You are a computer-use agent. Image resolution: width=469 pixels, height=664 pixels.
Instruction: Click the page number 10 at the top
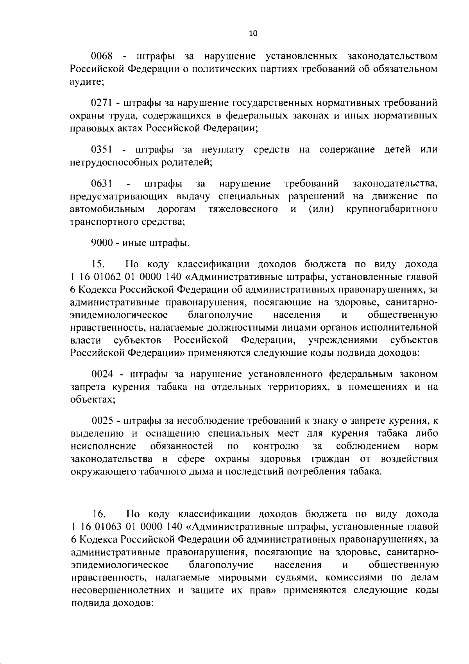tap(253, 34)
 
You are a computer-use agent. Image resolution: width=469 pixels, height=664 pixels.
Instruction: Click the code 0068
tap(102, 57)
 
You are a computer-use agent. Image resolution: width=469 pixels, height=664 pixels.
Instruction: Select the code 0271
tap(102, 103)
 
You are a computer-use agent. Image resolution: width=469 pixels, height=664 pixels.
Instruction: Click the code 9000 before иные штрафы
tap(102, 243)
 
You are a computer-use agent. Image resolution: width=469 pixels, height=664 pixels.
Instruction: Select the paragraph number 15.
tap(97, 265)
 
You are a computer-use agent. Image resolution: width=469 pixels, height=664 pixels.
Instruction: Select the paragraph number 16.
tap(98, 514)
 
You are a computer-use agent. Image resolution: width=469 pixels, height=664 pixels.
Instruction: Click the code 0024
tap(102, 374)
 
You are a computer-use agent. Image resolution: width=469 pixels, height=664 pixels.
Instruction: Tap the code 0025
tap(102, 421)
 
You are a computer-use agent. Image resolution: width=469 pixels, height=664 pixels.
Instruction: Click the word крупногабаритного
tap(392, 209)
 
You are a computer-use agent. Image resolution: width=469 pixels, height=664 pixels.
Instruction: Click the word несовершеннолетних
tap(121, 590)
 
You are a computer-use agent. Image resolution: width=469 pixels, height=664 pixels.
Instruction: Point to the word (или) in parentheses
tap(321, 209)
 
